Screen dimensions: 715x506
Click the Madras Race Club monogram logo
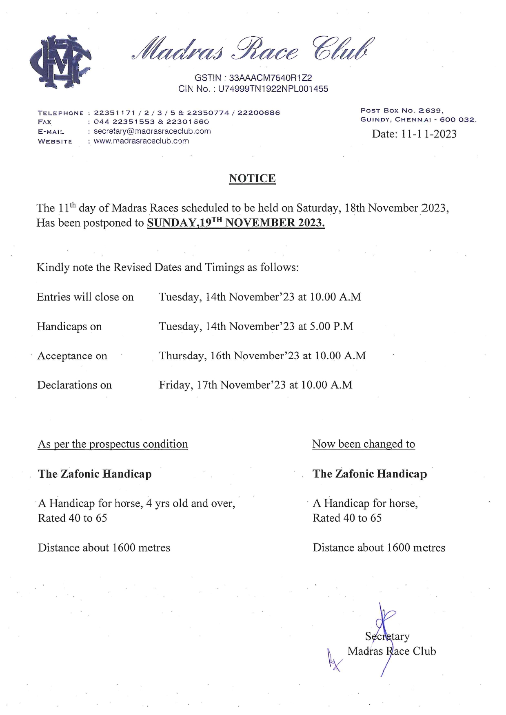tap(60, 62)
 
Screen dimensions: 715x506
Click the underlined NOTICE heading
tap(252, 179)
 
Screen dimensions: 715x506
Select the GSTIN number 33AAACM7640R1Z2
tap(270, 78)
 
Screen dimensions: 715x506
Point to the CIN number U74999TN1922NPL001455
tap(273, 89)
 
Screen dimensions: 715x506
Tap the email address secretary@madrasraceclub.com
tap(152, 131)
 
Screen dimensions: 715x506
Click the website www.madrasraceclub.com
tap(141, 141)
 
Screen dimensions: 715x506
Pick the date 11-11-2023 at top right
tap(428, 134)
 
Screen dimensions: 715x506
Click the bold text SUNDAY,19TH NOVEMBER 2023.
tap(235, 223)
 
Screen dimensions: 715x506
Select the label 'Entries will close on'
tap(85, 297)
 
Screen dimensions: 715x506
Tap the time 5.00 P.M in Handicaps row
tap(331, 327)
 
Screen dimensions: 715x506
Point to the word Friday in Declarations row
tap(175, 385)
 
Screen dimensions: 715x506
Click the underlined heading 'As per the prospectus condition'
tap(113, 444)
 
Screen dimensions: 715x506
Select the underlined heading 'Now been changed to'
tap(364, 444)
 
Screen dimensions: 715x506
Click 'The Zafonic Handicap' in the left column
tap(95, 474)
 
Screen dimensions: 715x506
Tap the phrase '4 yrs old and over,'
tap(191, 503)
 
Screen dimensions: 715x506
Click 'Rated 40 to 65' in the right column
tap(347, 518)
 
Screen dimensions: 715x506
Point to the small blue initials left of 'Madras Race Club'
tap(333, 660)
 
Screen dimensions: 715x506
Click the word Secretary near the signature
tap(387, 636)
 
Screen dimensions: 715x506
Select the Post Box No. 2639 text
tap(402, 110)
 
